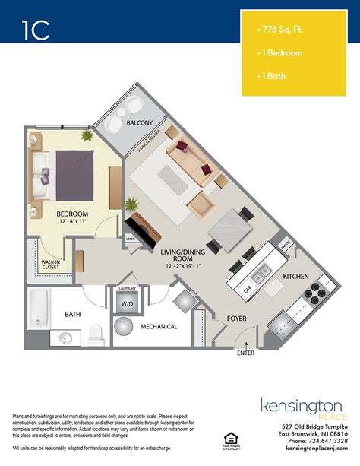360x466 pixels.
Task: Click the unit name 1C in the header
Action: [x=35, y=29]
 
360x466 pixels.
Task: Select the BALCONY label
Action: [x=140, y=122]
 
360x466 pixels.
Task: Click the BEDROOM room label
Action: [x=73, y=214]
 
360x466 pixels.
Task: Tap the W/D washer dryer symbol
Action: [x=123, y=303]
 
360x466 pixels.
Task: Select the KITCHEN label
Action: [x=295, y=276]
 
